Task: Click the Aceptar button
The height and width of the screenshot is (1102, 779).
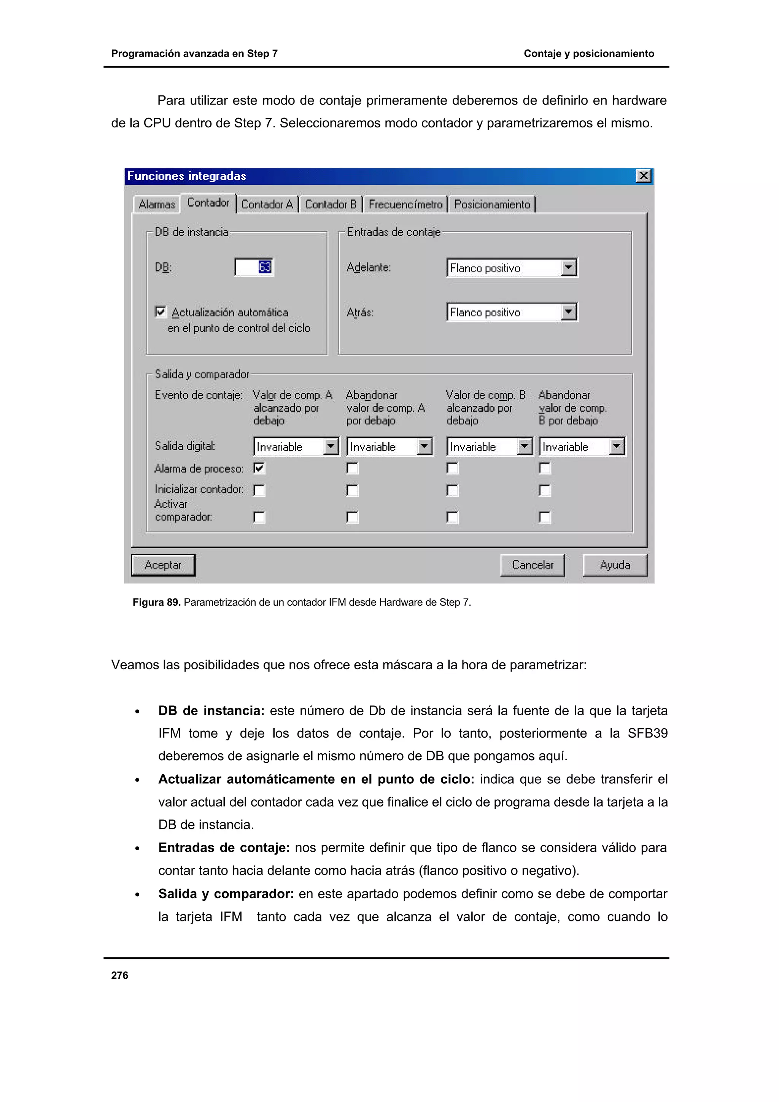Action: [163, 565]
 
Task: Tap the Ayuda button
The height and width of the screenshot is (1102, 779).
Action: [614, 565]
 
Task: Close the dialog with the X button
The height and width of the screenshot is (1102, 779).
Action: [643, 176]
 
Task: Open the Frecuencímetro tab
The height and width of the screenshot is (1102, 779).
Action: [405, 205]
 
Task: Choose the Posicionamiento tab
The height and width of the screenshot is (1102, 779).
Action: [492, 205]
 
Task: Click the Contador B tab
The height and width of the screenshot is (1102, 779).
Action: [330, 205]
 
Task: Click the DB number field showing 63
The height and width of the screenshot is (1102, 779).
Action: [254, 267]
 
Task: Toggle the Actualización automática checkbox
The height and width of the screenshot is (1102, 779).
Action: [161, 312]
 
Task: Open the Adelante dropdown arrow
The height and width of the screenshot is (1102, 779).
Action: [569, 267]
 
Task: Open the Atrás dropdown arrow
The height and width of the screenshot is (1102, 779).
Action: [569, 312]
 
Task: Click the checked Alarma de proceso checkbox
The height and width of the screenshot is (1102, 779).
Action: [259, 468]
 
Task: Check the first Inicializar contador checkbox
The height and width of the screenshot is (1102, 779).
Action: [259, 491]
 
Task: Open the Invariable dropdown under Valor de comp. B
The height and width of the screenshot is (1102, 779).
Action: [525, 447]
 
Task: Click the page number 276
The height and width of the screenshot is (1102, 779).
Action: [119, 975]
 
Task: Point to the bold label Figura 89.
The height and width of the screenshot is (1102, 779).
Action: [156, 602]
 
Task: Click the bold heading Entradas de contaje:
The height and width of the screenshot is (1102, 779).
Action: [224, 848]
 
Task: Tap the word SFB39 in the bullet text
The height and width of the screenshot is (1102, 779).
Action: [647, 734]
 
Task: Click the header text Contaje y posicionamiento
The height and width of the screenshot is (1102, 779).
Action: [588, 54]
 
